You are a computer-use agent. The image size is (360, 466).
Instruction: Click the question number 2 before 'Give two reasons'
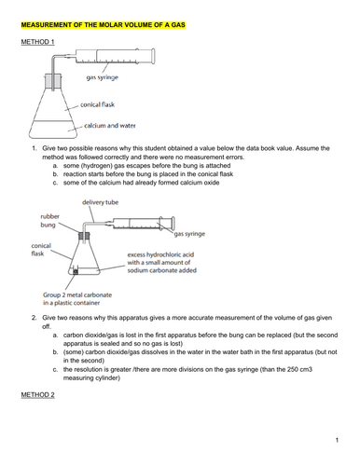pos(35,316)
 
